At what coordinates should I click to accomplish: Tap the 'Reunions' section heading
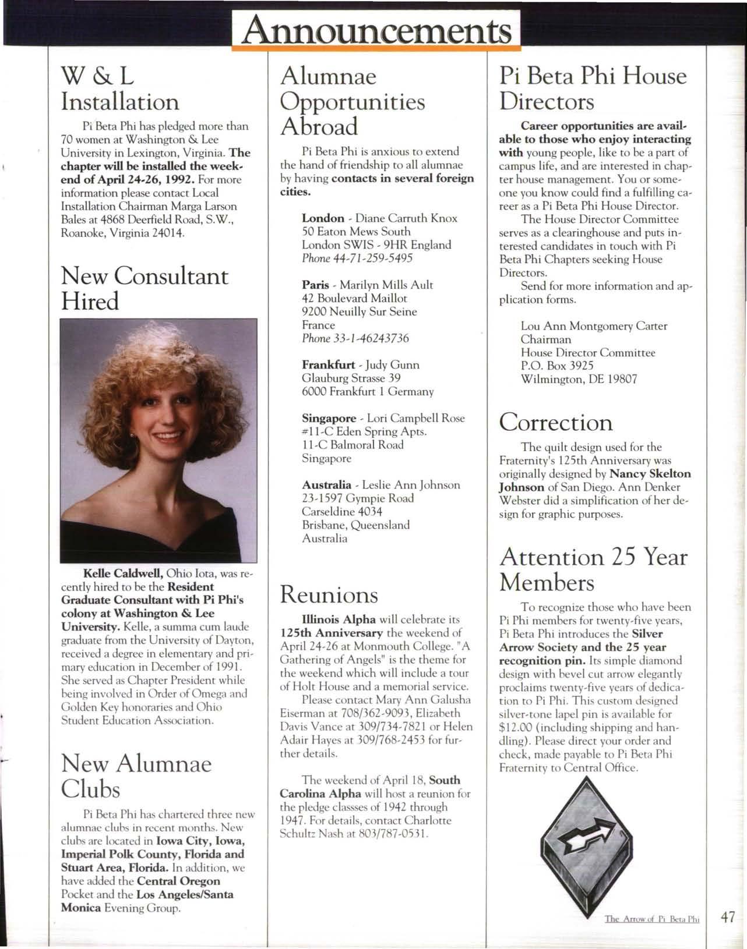coord(329,594)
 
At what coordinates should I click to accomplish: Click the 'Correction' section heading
coord(556,422)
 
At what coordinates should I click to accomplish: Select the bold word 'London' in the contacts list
coord(323,218)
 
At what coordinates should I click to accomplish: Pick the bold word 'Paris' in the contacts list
coord(315,285)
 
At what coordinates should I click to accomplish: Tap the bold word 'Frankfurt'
coord(328,365)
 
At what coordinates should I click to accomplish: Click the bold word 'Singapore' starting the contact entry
coord(329,419)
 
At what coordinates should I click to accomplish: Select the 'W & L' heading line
coord(97,76)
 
